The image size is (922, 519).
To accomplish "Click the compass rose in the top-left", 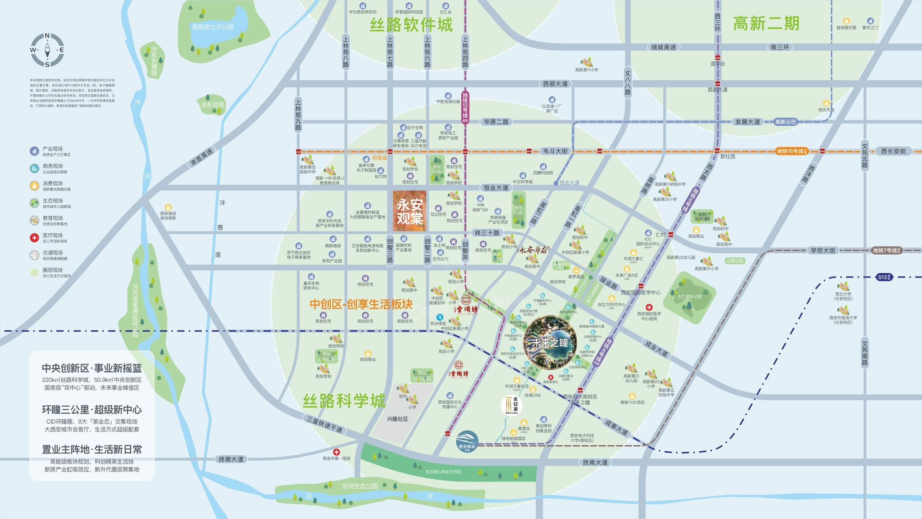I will (47, 50).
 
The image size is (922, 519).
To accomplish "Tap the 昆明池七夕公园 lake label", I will (213, 27).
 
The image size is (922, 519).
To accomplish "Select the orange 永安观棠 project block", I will (409, 211).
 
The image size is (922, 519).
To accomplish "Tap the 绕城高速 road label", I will (663, 47).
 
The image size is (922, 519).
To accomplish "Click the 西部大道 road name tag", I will (555, 84).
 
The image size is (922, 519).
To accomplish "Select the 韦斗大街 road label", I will (555, 151).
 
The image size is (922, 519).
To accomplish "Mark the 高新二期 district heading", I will (766, 24).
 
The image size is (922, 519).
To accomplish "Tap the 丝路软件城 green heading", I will (411, 25).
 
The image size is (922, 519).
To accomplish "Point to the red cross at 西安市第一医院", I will (336, 452).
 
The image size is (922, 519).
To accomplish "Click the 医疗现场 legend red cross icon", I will (34, 238).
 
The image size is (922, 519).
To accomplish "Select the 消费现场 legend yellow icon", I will (34, 186).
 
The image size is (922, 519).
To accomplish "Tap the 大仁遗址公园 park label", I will (689, 297).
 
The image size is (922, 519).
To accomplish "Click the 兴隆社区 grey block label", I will (397, 419).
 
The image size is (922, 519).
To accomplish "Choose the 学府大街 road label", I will (823, 251).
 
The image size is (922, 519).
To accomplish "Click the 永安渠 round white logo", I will (511, 405).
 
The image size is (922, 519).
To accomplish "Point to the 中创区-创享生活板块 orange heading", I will (361, 305).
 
